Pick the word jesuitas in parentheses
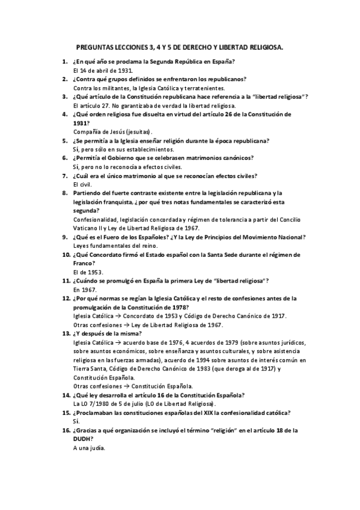click(135, 131)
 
